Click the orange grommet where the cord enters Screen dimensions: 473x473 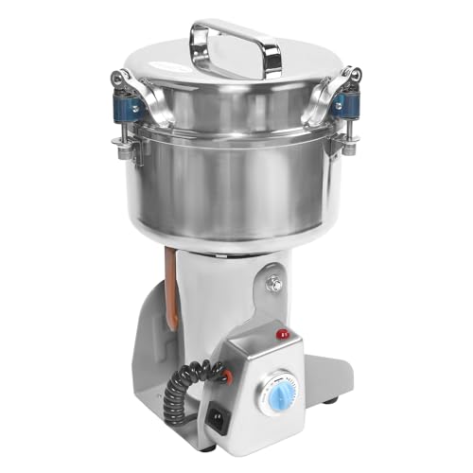pos(226,377)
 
